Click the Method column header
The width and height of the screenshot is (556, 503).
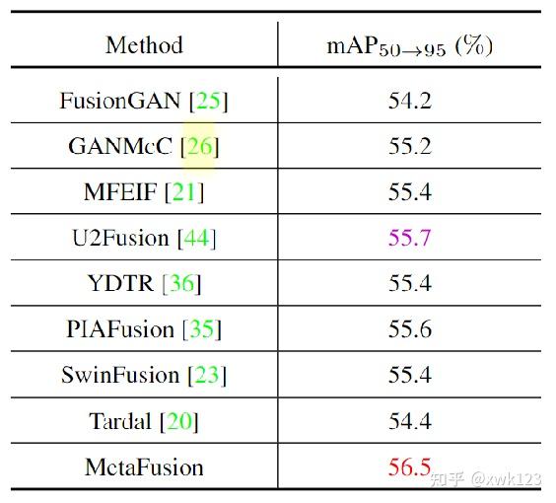144,45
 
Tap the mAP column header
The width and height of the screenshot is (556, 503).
409,46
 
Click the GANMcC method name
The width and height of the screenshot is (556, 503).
123,147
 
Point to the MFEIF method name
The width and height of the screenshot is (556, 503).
120,192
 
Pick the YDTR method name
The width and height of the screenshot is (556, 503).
120,284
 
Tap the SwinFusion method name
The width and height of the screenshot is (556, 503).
120,375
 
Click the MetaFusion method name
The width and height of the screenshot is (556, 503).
144,467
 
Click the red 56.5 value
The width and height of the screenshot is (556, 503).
409,467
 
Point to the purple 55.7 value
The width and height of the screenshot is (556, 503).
409,238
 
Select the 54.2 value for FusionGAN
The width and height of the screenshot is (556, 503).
409,101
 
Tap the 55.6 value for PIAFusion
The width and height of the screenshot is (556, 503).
409,329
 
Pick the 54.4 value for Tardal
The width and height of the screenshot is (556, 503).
409,421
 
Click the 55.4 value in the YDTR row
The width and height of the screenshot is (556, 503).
409,284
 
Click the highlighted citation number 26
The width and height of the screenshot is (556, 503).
199,147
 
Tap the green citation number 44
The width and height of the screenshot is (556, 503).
196,238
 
